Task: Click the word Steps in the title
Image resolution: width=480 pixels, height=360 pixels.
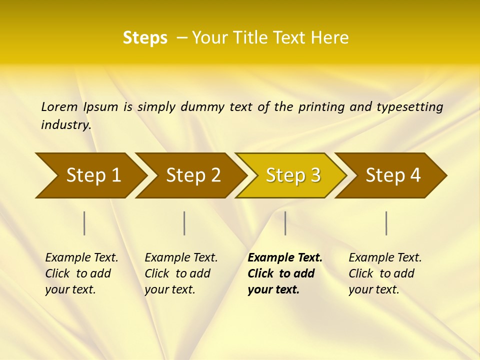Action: point(145,38)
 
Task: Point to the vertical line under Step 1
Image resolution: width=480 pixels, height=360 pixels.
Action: point(84,223)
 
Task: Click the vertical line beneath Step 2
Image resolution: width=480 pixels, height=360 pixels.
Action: point(184,223)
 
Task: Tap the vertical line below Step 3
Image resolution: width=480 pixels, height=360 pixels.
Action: point(285,223)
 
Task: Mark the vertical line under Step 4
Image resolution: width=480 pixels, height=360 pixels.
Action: point(386,223)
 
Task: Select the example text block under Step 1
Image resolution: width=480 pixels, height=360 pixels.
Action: point(81,273)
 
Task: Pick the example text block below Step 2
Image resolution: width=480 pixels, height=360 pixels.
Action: point(181,273)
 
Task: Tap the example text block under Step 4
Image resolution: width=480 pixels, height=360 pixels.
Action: point(385,273)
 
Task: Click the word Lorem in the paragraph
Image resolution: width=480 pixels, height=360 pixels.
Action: point(59,107)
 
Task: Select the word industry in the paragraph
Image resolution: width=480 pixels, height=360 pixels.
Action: point(66,125)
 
